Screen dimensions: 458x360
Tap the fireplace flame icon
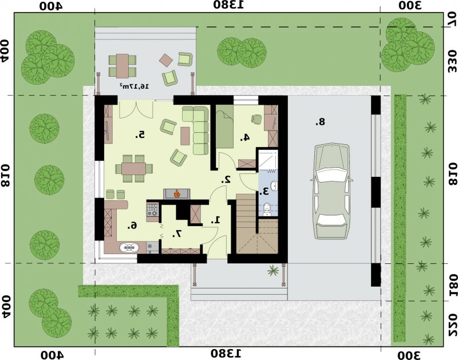(x=176, y=193)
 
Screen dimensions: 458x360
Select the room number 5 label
(x=140, y=134)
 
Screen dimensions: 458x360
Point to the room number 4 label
(x=245, y=137)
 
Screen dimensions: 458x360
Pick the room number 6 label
(x=133, y=225)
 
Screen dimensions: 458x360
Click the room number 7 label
(x=177, y=234)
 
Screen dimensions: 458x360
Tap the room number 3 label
(x=264, y=191)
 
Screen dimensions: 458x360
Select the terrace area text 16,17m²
(x=134, y=86)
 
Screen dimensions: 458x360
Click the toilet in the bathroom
(x=266, y=209)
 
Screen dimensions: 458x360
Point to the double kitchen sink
(x=129, y=247)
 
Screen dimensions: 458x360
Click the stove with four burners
(x=152, y=210)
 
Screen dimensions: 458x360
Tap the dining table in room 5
(x=134, y=168)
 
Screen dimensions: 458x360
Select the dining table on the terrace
(x=123, y=66)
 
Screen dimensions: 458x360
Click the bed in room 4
(x=224, y=126)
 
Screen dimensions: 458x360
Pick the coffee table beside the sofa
(x=185, y=136)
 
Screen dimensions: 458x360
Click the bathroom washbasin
(x=274, y=186)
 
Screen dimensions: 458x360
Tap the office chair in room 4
(x=256, y=119)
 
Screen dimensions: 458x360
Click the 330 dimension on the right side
(x=452, y=61)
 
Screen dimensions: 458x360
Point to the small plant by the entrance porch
(x=274, y=271)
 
